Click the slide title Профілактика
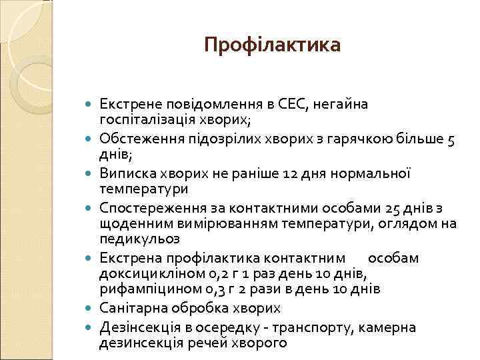tap(272, 45)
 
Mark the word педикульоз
tap(137, 239)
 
